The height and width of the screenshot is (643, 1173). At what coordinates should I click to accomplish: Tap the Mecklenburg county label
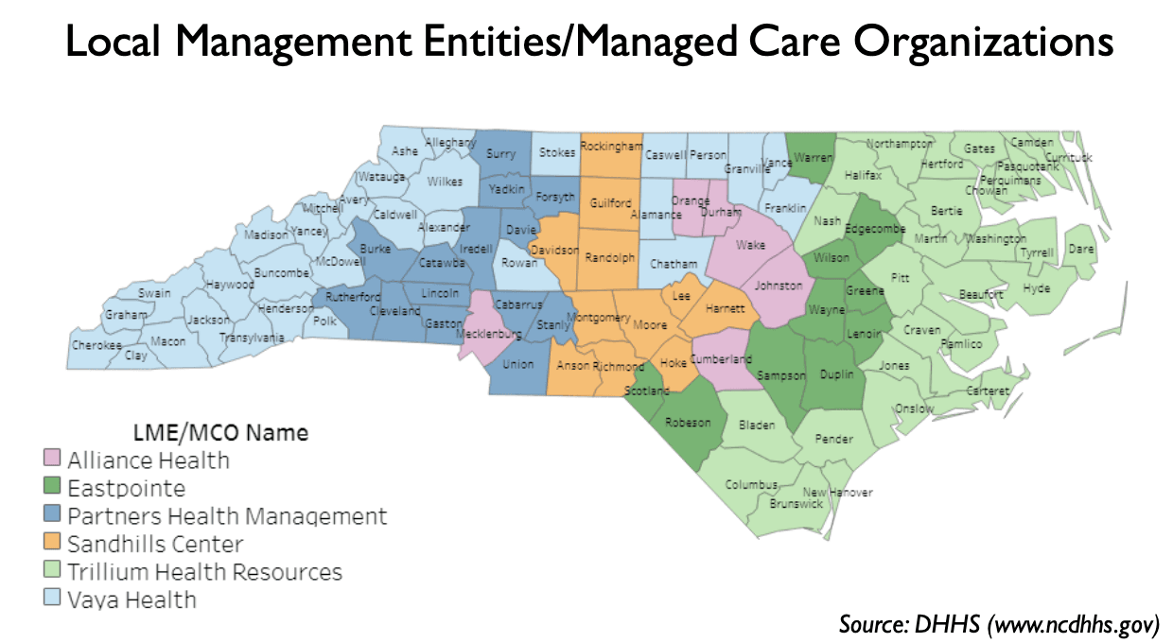coord(489,334)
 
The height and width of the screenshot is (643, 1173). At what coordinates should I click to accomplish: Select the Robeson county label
coord(688,423)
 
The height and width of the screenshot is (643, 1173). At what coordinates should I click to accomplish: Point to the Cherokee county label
coord(96,345)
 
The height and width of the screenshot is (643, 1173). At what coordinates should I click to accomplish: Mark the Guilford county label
coord(609,203)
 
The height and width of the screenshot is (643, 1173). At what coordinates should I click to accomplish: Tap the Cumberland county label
coord(721,358)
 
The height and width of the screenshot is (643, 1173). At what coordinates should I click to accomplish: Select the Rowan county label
coord(519,263)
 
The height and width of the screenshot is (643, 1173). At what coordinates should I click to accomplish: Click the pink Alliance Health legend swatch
coord(53,461)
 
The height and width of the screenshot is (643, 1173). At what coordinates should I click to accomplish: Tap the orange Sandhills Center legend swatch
coord(53,544)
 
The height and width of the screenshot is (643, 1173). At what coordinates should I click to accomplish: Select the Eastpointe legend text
coord(126,488)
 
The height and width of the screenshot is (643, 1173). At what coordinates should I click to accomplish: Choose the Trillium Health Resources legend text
coord(204,572)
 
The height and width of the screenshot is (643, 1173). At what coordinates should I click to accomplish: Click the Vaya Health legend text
coord(131,600)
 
